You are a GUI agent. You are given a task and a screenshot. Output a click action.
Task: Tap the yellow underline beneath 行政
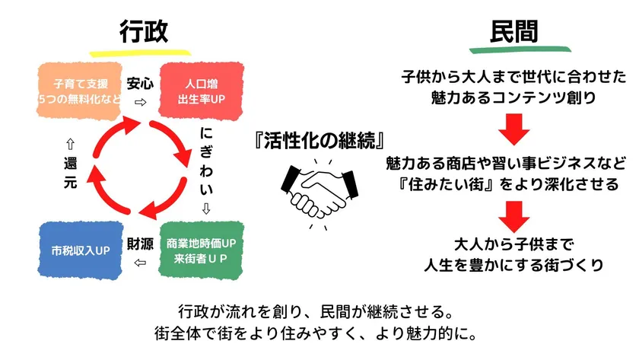tap(144, 53)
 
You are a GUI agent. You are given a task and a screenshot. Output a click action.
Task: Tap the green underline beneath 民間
tap(514, 49)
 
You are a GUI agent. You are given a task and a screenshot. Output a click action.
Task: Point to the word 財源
tap(140, 244)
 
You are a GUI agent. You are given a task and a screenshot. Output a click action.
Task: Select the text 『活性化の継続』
tap(319, 140)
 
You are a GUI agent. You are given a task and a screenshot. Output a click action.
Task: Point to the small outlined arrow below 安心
tap(140, 101)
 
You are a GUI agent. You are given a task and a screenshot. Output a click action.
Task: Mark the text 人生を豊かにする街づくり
tap(514, 265)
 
